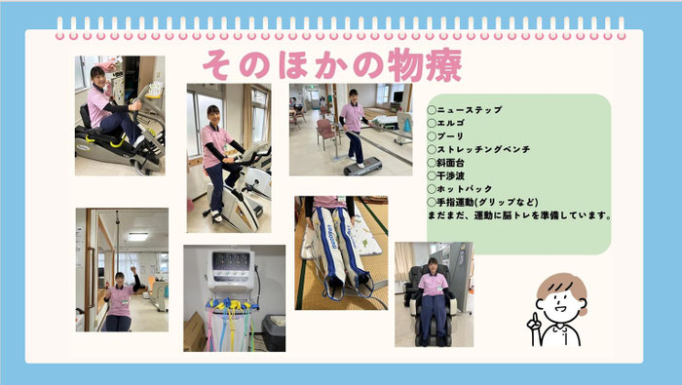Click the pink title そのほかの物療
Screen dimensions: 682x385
(x=332, y=65)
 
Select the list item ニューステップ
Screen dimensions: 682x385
(x=470, y=110)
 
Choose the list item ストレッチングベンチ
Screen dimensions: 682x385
(x=483, y=149)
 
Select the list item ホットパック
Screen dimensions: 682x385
(x=465, y=189)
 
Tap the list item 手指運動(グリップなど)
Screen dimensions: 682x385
(x=487, y=202)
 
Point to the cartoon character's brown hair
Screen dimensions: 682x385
(x=561, y=285)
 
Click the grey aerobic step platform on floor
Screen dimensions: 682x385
(x=362, y=167)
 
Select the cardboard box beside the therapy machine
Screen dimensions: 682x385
(x=194, y=331)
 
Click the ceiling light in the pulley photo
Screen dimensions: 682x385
(x=138, y=236)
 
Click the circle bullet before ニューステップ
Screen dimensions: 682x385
(x=432, y=110)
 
